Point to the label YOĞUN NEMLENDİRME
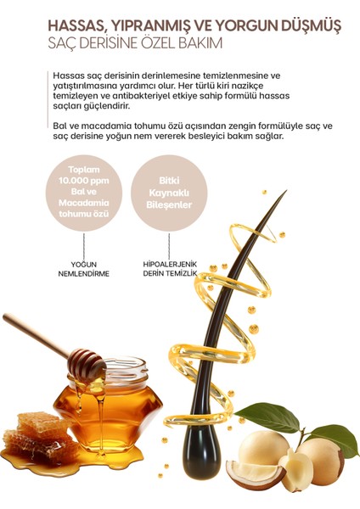(x=90, y=269)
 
